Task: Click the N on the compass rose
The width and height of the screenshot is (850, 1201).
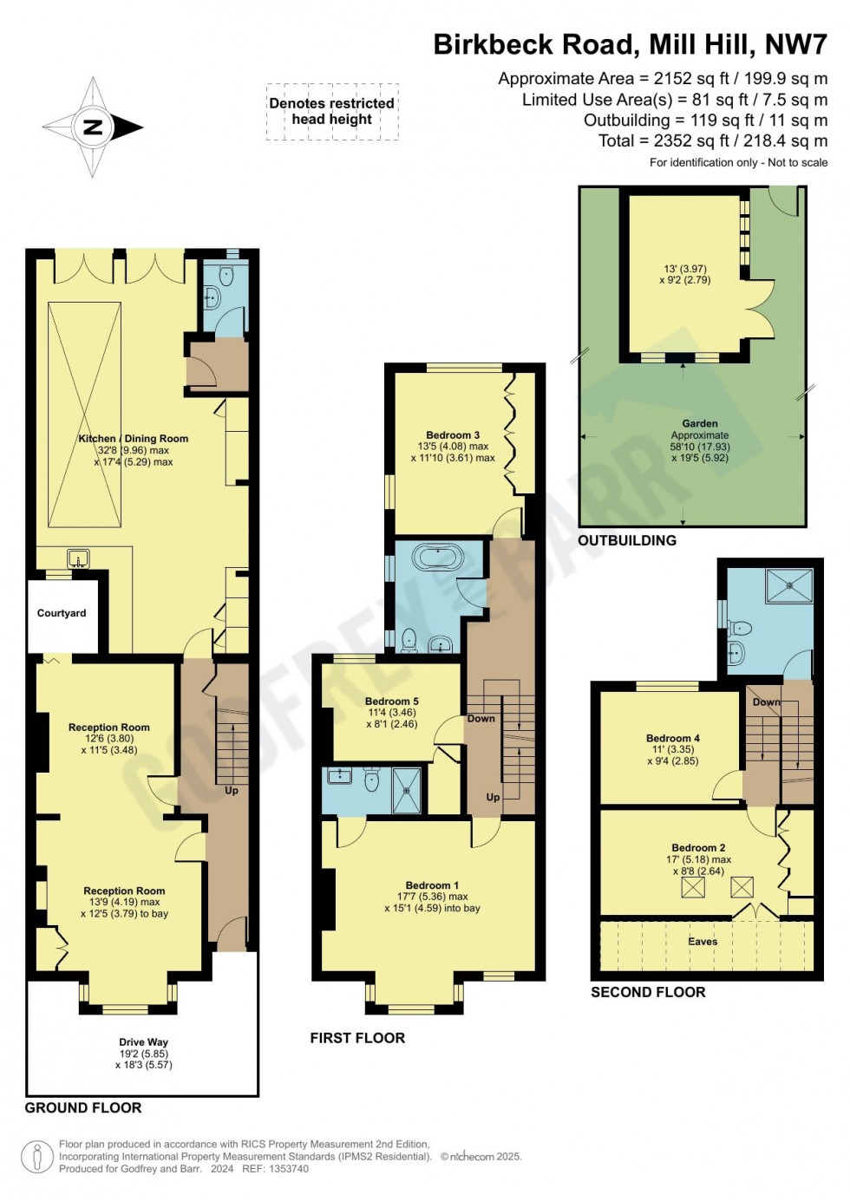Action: point(92,127)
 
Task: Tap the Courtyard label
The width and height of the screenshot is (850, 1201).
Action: point(62,613)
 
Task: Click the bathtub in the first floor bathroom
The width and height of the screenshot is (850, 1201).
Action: point(438,557)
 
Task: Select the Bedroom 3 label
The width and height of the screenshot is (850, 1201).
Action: point(453,435)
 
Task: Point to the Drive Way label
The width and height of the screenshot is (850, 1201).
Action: point(144,1042)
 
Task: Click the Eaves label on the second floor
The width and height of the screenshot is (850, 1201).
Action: point(703,942)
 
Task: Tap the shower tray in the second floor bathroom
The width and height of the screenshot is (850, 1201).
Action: point(789,585)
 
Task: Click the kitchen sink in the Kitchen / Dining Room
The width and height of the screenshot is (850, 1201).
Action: point(78,558)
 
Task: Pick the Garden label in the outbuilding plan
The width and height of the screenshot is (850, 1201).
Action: point(700,424)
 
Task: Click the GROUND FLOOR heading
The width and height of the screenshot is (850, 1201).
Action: point(83,1107)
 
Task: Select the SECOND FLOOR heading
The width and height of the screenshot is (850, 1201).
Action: point(648,992)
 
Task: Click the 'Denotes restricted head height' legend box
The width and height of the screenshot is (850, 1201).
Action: point(332,111)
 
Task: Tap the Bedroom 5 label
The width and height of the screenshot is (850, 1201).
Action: point(392,702)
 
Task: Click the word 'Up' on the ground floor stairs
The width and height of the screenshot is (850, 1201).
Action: point(232,791)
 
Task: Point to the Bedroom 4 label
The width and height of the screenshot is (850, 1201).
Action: point(672,738)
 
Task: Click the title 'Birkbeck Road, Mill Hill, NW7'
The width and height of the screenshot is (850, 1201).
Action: point(631,44)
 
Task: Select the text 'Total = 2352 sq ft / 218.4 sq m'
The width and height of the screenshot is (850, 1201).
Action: point(713,140)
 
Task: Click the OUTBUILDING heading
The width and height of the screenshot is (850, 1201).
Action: point(627,540)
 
